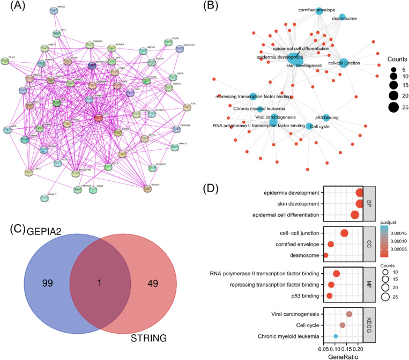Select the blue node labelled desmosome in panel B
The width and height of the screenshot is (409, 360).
(342, 18)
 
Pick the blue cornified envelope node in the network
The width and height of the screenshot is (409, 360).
(319, 10)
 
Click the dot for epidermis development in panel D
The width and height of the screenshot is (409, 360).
(359, 193)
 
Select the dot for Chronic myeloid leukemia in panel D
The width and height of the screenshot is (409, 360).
(336, 336)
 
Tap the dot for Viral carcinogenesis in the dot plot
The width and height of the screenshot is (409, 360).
(349, 314)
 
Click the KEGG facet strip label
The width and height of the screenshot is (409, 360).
(369, 325)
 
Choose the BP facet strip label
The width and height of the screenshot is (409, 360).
(369, 204)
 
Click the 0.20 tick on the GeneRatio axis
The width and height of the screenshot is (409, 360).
(358, 347)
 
